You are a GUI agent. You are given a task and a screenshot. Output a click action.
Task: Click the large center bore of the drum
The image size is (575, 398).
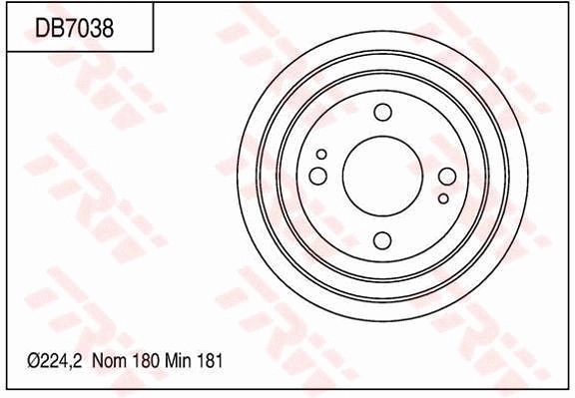tap(382, 176)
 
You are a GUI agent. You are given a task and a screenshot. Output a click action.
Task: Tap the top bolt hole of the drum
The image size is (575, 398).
tap(382, 112)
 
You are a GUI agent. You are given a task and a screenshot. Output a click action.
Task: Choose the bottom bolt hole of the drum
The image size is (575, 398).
tap(382, 239)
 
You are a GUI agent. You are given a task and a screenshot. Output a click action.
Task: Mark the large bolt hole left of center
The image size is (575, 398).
tap(318, 177)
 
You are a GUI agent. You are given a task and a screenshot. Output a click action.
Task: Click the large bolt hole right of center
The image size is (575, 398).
tap(447, 177)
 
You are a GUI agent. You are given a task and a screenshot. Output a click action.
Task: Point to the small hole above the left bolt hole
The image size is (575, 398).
tap(321, 155)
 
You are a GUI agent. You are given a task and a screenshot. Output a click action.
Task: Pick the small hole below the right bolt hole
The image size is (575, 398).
tap(443, 199)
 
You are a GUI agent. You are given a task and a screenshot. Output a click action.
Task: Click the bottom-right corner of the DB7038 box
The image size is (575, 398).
tap(153, 51)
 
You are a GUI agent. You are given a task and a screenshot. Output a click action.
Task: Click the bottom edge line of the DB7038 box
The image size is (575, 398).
tap(80, 51)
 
